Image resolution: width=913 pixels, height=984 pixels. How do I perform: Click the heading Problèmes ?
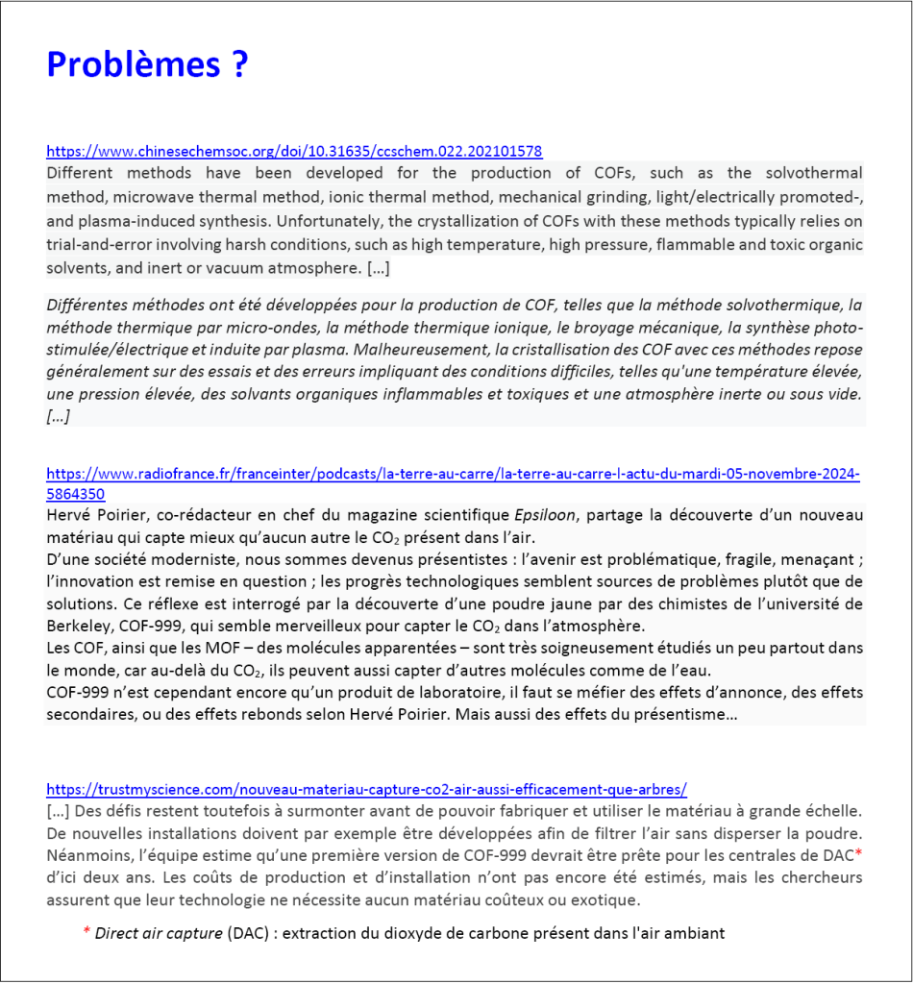(x=147, y=64)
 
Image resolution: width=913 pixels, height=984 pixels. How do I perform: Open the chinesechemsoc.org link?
(x=294, y=152)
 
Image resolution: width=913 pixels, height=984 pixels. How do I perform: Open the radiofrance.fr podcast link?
(x=453, y=475)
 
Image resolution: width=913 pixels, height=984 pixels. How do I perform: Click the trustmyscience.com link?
(x=366, y=790)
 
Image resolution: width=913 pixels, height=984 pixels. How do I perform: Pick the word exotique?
(x=605, y=899)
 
